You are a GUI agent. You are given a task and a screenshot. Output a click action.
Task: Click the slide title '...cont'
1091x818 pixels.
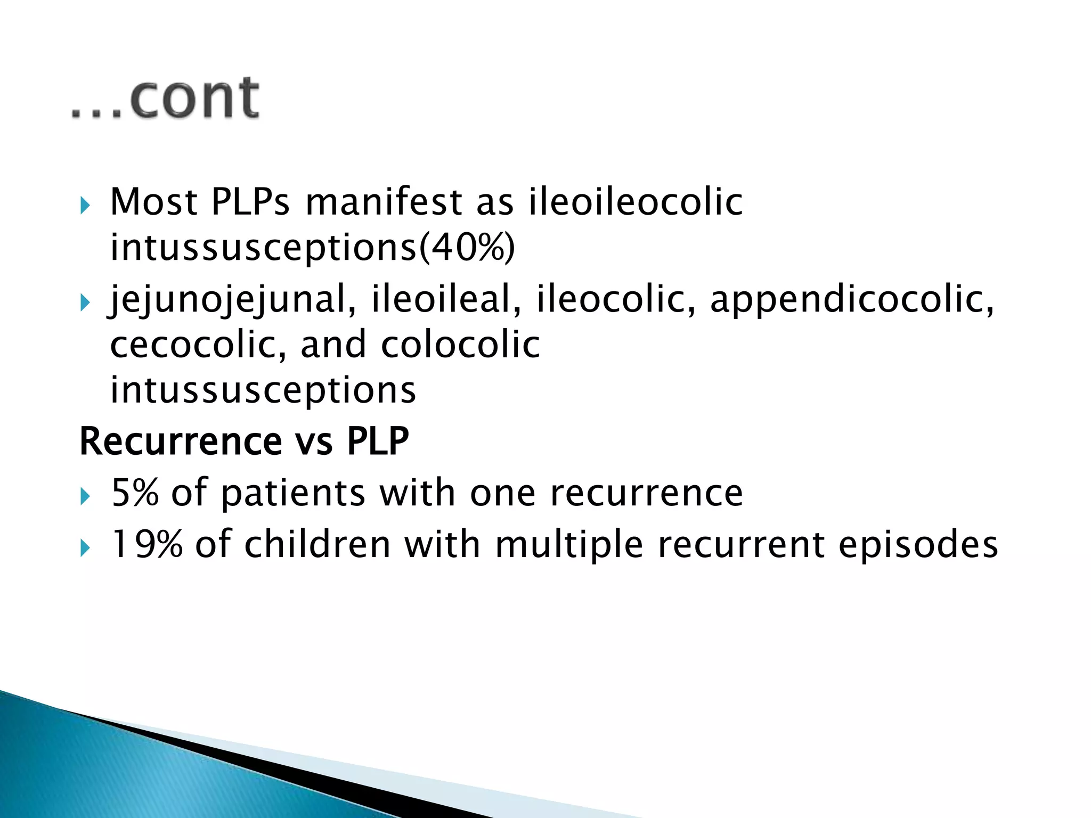click(x=165, y=99)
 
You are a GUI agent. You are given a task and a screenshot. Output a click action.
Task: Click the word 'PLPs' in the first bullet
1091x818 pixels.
click(x=250, y=202)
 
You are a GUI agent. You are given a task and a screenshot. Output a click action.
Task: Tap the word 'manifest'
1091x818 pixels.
click(x=384, y=202)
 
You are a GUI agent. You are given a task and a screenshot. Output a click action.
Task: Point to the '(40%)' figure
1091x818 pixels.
click(x=467, y=248)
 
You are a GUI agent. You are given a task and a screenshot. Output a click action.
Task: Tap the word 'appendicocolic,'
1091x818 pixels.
click(x=852, y=299)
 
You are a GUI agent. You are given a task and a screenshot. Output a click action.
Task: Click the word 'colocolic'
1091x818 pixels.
click(x=460, y=345)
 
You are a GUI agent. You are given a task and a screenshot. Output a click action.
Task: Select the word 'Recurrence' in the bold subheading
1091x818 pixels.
click(x=180, y=441)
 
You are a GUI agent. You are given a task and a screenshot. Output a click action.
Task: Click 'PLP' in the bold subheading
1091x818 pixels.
click(x=378, y=441)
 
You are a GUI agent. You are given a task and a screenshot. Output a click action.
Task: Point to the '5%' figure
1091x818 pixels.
click(x=135, y=493)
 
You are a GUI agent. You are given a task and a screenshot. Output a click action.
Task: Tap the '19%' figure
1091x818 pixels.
click(x=146, y=544)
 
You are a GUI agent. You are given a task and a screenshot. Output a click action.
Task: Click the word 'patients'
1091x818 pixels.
click(x=293, y=493)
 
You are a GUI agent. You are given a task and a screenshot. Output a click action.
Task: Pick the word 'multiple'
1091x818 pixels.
click(x=569, y=545)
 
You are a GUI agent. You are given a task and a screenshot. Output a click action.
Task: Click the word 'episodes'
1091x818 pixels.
click(x=918, y=545)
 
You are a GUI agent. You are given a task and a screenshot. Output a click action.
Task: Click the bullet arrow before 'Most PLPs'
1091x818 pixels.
click(x=85, y=205)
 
